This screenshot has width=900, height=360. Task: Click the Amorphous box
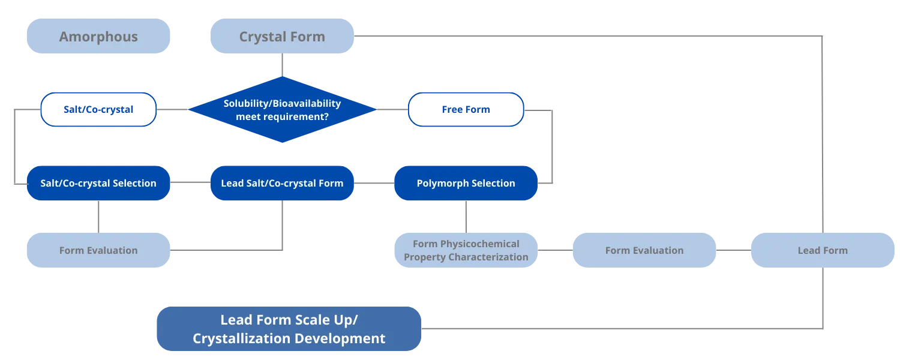[x=98, y=37]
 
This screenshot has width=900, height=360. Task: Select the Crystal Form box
[x=282, y=37]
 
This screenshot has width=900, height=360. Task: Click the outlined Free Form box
[x=466, y=110]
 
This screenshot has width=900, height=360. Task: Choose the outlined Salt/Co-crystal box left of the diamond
[x=98, y=110]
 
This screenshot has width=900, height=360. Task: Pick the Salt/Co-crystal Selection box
[x=98, y=183]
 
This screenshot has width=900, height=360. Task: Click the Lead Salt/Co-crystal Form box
[x=282, y=183]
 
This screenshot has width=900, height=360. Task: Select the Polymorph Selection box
[x=466, y=183]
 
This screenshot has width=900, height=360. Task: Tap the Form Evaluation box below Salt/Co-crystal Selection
[x=98, y=250]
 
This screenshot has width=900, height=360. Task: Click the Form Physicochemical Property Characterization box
[x=466, y=250]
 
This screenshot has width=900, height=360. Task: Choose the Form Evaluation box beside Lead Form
[x=644, y=250]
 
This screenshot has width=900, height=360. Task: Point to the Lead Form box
[x=823, y=250]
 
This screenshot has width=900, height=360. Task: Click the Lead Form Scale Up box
[x=289, y=328]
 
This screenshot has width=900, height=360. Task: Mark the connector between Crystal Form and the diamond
[x=281, y=67]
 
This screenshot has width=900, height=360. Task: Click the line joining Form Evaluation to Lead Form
[x=733, y=251]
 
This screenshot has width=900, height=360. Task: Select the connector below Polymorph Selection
[x=464, y=216]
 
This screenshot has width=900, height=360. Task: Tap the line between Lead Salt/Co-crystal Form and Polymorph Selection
[x=374, y=184]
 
